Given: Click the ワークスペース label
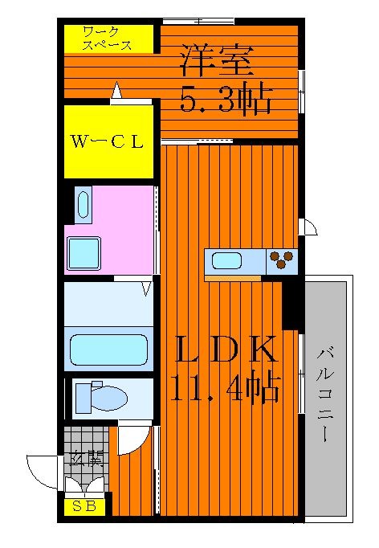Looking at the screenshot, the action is coord(108,39).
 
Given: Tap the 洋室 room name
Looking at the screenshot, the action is coord(217,61).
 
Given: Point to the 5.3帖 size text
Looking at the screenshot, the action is coord(226,97).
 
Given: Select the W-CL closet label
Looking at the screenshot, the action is coord(108,142).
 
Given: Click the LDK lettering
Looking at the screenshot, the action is coord(226,349).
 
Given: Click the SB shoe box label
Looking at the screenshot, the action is coord(84,506).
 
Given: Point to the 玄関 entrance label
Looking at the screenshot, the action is coord(86,459).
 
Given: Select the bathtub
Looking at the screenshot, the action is coord(108,350).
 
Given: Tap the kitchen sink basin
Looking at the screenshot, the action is coord(226,261).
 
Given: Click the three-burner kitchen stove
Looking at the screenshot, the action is coord(282,261).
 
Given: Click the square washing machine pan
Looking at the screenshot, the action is coord(84,254).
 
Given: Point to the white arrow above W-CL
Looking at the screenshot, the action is coord(116,90).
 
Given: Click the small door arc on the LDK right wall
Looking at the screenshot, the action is coord(308,227).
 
